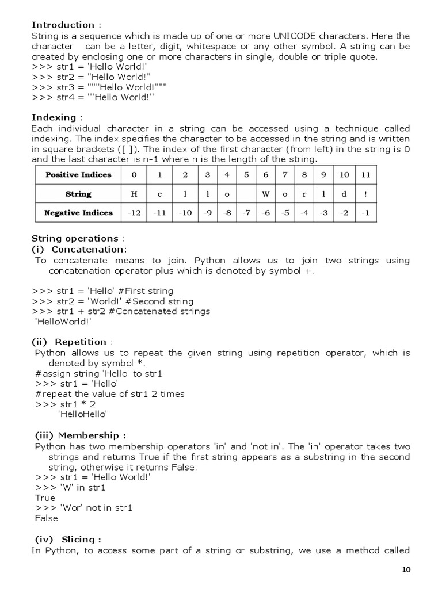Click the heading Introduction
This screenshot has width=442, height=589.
[x=63, y=25]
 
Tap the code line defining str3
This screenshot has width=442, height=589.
[x=99, y=86]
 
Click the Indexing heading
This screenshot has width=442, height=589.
[x=54, y=117]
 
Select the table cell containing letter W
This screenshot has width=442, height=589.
[x=265, y=194]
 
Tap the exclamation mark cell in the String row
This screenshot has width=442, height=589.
[x=365, y=194]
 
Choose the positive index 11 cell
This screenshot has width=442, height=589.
[x=365, y=174]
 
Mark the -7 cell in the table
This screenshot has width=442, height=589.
[x=246, y=213]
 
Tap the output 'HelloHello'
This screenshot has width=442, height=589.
[x=83, y=414]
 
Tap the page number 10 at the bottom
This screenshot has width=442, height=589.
[x=406, y=570]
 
